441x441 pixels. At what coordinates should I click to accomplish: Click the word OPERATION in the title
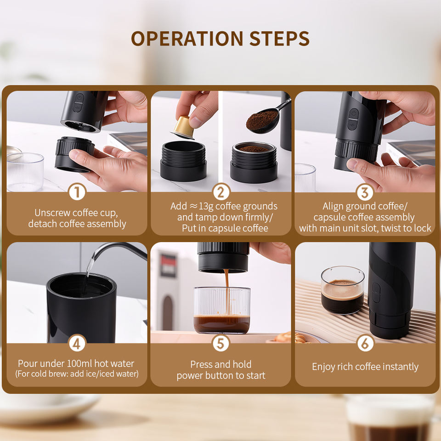point(187,38)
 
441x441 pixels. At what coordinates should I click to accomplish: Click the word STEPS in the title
point(279,38)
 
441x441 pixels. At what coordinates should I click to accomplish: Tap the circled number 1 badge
point(77,192)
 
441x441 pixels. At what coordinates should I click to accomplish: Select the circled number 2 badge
point(221,192)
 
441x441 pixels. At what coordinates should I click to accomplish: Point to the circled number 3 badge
point(365,192)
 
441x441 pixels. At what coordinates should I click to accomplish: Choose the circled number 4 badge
point(77,343)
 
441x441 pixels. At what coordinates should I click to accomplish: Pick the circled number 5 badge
point(221,343)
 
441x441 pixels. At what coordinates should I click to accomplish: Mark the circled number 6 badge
point(365,343)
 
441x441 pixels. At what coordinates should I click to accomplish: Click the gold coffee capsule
point(183,127)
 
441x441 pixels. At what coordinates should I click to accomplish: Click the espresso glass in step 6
point(343,290)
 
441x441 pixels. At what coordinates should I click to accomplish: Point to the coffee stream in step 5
point(227,293)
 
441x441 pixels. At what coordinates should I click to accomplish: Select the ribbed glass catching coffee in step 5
point(222,310)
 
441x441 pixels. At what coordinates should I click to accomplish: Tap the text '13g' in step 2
point(206,206)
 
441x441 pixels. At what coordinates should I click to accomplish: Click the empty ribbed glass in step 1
point(25,171)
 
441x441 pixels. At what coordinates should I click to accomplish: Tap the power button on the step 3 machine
point(354,113)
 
